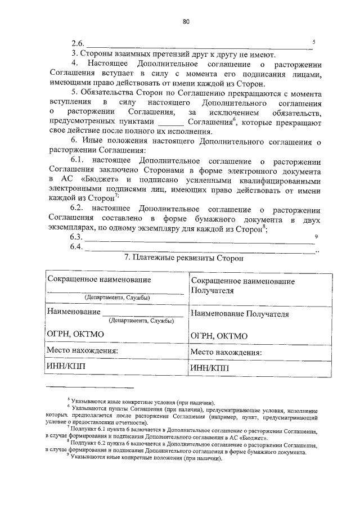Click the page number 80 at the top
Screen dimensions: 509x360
[186, 21]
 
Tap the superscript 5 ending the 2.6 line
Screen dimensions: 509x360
[314, 42]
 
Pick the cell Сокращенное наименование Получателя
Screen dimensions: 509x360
[242, 285]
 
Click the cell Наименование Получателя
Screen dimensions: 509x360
[240, 314]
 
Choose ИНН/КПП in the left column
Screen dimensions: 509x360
[67, 367]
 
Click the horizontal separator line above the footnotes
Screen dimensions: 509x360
[91, 388]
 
